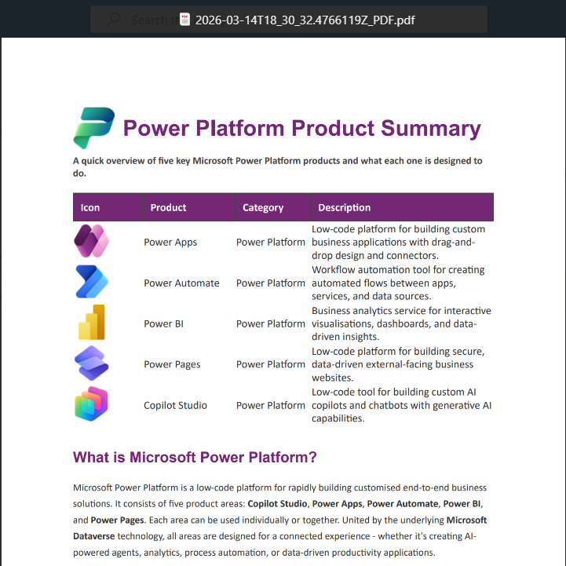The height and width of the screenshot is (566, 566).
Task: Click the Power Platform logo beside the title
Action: pyautogui.click(x=93, y=128)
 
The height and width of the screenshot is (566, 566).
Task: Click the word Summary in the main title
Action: pyautogui.click(x=430, y=129)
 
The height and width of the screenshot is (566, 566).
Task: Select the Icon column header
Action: pyautogui.click(x=90, y=207)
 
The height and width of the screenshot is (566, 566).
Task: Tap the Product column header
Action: pyautogui.click(x=168, y=207)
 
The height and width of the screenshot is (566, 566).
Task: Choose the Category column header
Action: pyautogui.click(x=263, y=207)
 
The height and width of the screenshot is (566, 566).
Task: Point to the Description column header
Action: pyautogui.click(x=344, y=207)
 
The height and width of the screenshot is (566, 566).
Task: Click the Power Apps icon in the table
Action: pyautogui.click(x=91, y=242)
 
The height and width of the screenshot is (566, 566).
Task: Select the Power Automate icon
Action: pyautogui.click(x=91, y=283)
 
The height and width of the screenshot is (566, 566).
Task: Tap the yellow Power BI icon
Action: pyautogui.click(x=91, y=323)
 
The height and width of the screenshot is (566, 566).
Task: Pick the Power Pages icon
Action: pyautogui.click(x=91, y=364)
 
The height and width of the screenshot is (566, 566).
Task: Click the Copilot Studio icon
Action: pyautogui.click(x=91, y=405)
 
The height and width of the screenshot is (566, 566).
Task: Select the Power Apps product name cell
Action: pyautogui.click(x=170, y=242)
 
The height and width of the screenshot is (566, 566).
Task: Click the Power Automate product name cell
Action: pyautogui.click(x=181, y=283)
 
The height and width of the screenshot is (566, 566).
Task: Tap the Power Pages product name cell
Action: pyautogui.click(x=172, y=364)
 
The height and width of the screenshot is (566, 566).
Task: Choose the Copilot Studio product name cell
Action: pyautogui.click(x=175, y=405)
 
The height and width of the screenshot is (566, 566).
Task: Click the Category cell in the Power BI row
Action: pyautogui.click(x=271, y=323)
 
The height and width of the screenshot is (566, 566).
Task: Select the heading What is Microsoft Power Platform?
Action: pyautogui.click(x=195, y=457)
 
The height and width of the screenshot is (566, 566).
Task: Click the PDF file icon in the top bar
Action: pyautogui.click(x=184, y=20)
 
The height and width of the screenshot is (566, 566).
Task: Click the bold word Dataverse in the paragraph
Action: pyautogui.click(x=93, y=536)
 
